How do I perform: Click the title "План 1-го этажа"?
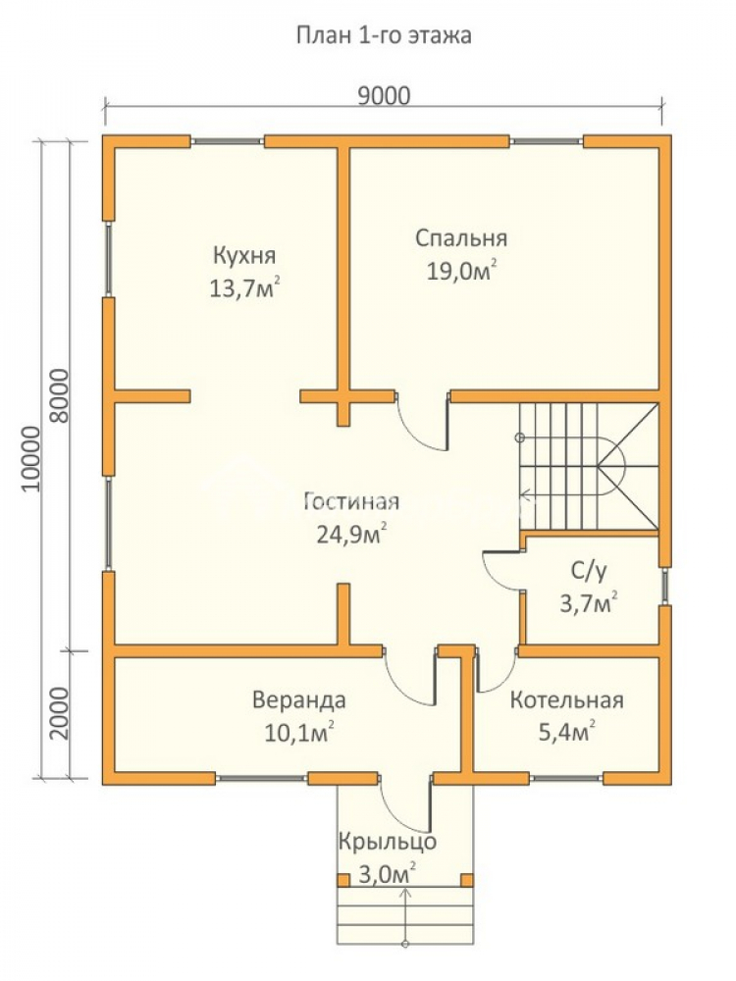tap(383, 35)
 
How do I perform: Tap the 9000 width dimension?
tap(384, 96)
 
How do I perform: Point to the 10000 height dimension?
tap(29, 458)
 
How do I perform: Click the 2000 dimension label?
tap(58, 713)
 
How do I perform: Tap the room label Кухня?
tap(244, 256)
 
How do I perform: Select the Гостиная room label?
tap(351, 501)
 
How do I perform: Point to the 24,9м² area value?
tap(351, 534)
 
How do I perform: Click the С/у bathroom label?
tap(589, 571)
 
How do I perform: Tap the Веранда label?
tap(298, 699)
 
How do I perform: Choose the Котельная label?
tap(566, 699)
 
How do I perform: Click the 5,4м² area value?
tap(566, 731)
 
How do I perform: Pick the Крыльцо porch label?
tap(388, 842)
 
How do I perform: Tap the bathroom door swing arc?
tap(499, 572)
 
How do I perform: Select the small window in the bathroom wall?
tap(665, 587)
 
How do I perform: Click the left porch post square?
tap(343, 880)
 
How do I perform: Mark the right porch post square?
tap(467, 880)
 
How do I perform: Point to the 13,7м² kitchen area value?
tap(244, 288)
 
